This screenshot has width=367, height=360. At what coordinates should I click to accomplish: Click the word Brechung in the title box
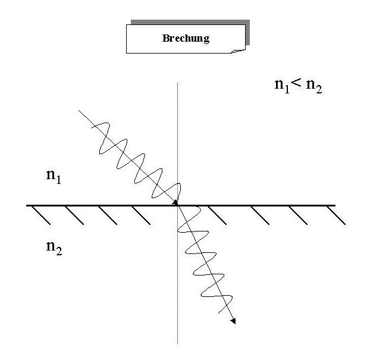pos(185,39)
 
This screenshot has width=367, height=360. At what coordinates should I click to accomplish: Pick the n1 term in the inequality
pos(282,85)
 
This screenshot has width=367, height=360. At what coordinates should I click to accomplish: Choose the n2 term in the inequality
pos(313,87)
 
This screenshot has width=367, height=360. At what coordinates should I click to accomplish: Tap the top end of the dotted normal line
pos(178,83)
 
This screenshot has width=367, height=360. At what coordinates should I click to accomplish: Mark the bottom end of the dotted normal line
pos(178,343)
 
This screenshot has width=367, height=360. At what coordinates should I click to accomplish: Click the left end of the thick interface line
pos(27,205)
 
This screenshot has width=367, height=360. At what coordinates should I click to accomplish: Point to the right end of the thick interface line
pos(334,205)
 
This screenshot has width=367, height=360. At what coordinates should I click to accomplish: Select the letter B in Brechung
pos(165,39)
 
